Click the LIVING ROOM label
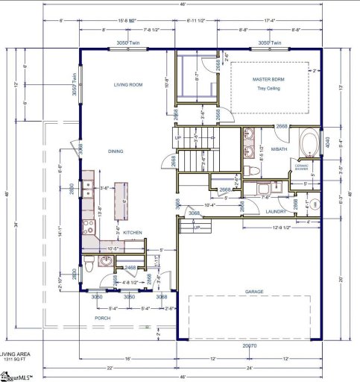coord(128,85)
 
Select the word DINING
coord(115,151)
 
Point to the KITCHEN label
coord(133,233)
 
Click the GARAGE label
coord(254,292)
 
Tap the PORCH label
coord(102,318)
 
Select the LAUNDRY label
coord(277,211)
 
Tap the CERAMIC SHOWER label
coord(302,168)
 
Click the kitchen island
coord(119,200)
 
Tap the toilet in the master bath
coord(253,171)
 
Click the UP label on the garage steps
coord(196,228)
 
